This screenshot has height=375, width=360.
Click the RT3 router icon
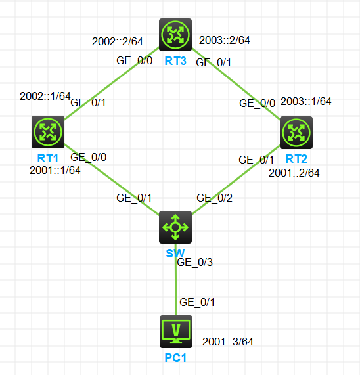point(175,35)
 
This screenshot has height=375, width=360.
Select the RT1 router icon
point(48,132)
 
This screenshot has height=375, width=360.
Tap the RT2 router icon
point(296,133)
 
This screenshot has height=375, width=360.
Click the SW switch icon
point(175,227)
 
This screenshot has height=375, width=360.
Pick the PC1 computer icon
point(176,332)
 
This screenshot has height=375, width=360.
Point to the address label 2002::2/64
point(118,41)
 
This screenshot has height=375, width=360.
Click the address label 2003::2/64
point(225,40)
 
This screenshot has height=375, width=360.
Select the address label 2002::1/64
point(45,96)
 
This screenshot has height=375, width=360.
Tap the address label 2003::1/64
point(306,101)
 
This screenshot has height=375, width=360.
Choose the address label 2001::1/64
point(55,171)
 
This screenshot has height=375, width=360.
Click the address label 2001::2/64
point(294,173)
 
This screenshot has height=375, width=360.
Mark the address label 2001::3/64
point(228,342)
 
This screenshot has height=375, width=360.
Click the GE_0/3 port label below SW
point(194,262)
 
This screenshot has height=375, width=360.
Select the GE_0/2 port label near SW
point(214,198)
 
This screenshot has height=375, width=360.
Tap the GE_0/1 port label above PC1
point(197,302)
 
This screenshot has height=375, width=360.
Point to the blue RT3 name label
point(175,61)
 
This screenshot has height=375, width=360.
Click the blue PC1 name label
point(175,358)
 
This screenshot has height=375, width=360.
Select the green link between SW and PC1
point(176,279)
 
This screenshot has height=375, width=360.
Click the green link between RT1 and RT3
point(112,83)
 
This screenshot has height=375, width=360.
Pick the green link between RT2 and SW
point(236,180)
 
